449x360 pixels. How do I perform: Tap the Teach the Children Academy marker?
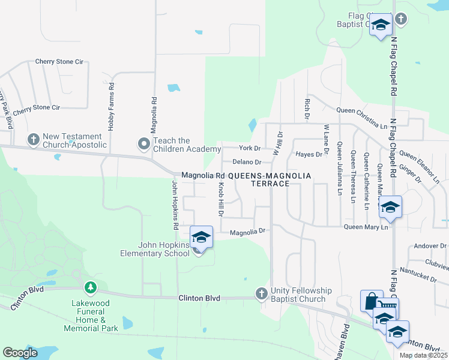click(x=143, y=144)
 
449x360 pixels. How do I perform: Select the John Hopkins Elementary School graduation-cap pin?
click(x=202, y=237)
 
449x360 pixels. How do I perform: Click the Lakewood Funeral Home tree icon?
click(x=91, y=289)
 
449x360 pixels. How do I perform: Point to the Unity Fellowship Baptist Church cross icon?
click(x=261, y=293)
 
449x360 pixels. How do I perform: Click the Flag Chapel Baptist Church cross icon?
click(x=402, y=19)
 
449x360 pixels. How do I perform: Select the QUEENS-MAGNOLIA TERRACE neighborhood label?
click(x=270, y=179)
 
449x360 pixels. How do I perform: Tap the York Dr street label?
click(x=250, y=148)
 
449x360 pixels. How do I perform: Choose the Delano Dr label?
click(x=247, y=162)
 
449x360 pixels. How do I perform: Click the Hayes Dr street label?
click(x=310, y=155)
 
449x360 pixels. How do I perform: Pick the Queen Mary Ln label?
click(x=366, y=227)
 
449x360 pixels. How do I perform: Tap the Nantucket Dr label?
click(x=421, y=278)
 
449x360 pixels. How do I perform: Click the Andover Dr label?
click(x=431, y=246)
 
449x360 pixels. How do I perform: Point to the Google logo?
click(x=20, y=353)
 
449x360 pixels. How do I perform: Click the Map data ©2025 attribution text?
click(x=423, y=355)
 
